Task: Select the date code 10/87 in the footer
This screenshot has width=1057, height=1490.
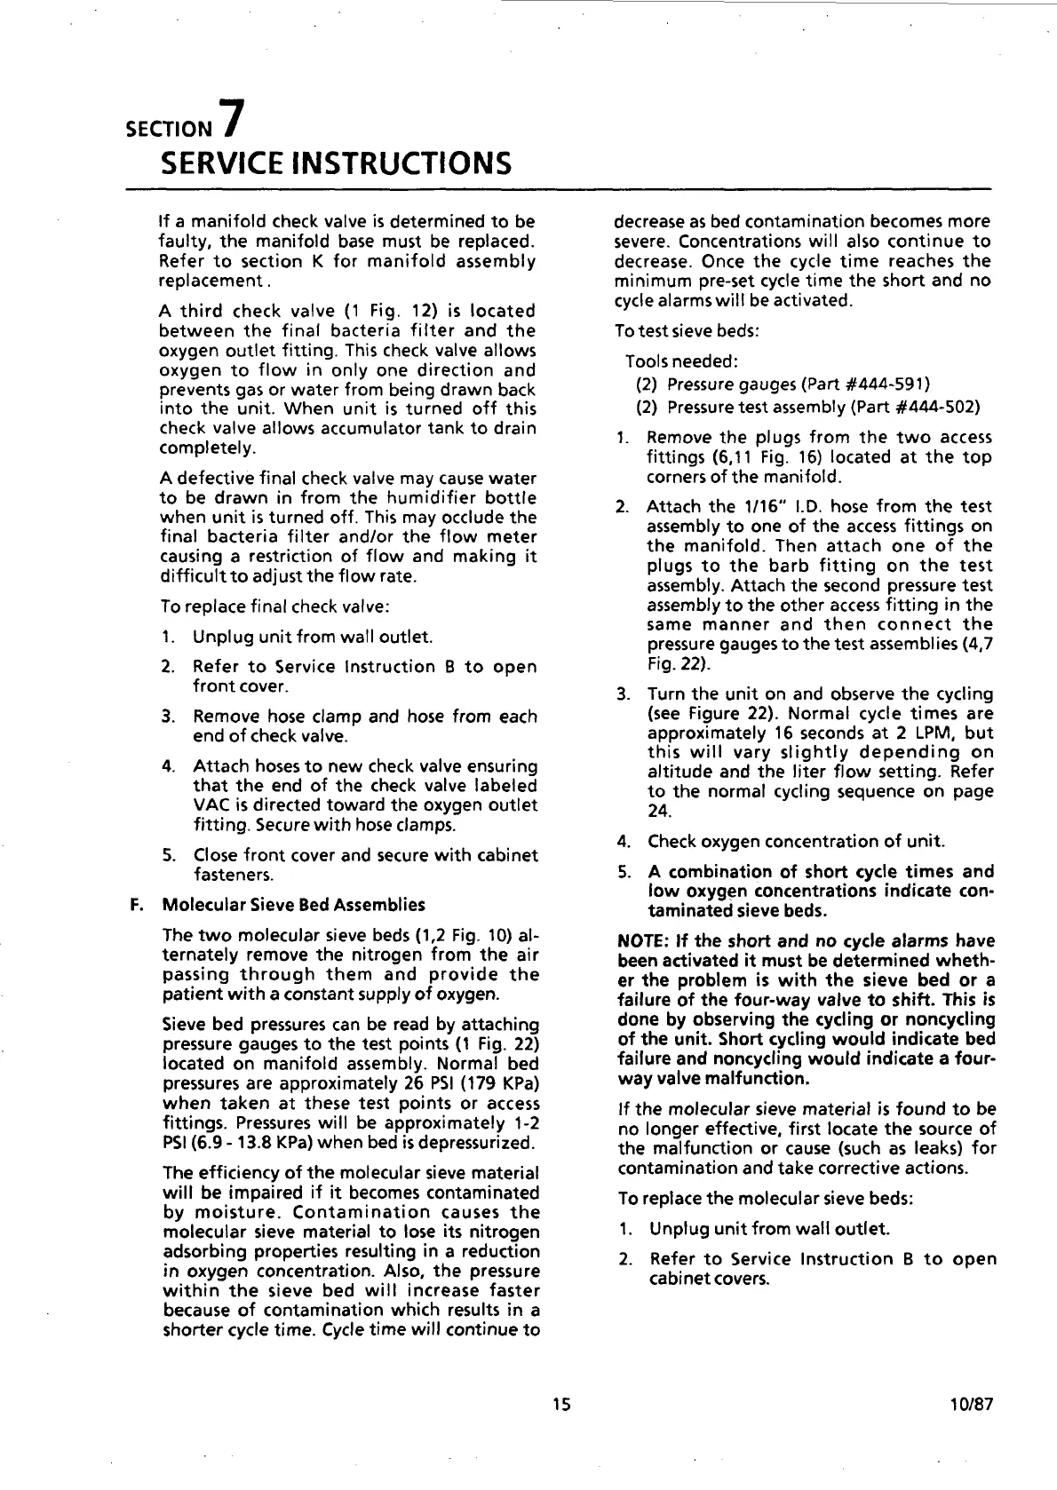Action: (x=970, y=1404)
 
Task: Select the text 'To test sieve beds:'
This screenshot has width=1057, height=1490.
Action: (x=687, y=330)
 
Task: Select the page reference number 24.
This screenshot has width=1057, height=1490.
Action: (x=658, y=811)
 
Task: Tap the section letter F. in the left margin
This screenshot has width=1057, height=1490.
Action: (x=136, y=905)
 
